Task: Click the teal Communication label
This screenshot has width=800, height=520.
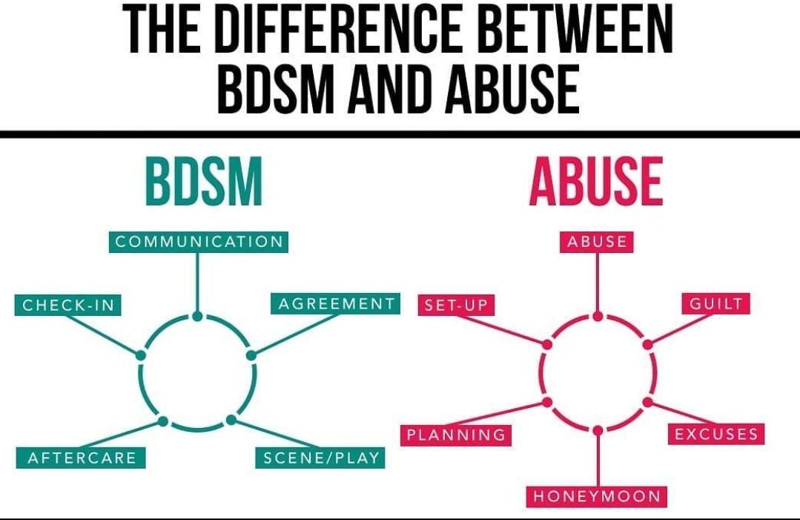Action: click(199, 242)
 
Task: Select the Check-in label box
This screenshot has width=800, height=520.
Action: click(67, 305)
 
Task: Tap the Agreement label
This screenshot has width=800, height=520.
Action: click(336, 303)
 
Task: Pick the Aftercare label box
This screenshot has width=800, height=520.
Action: click(81, 458)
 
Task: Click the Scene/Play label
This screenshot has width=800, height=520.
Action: click(321, 458)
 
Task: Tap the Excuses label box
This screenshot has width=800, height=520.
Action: click(716, 434)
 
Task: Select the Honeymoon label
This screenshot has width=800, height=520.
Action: click(597, 496)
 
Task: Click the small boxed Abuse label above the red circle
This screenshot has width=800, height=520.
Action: click(597, 242)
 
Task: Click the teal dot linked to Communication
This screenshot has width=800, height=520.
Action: click(197, 317)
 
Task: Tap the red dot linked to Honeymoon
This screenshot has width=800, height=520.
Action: click(598, 429)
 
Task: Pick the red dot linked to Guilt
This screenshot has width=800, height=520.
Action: click(647, 344)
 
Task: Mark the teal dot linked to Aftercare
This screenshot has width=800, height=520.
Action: click(163, 421)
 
